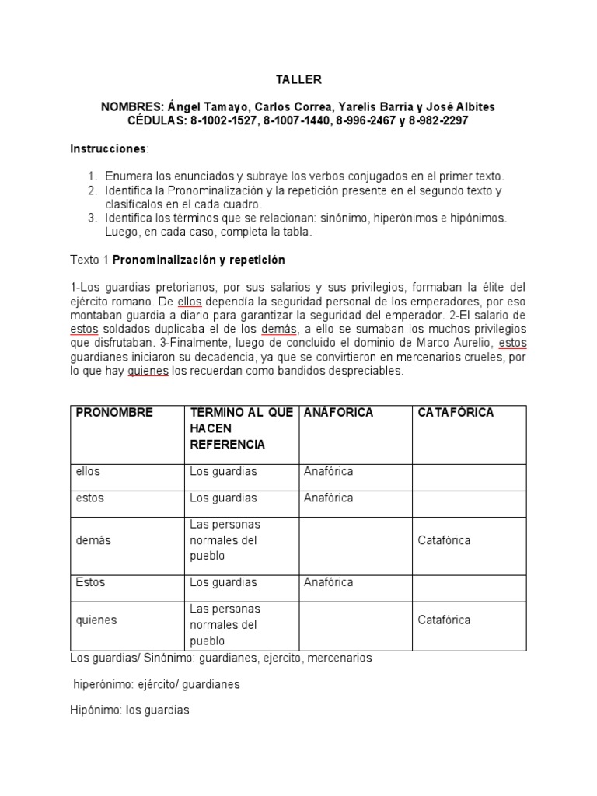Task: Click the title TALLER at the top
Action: [298, 79]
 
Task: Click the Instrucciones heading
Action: [108, 148]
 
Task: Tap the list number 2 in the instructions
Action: [92, 190]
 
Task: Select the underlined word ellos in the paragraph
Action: [189, 302]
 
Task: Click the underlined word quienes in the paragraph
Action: [147, 372]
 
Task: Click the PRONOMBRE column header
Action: [114, 413]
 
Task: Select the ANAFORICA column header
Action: [338, 413]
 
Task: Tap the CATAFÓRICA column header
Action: [456, 413]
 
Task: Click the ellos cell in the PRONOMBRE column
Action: [88, 472]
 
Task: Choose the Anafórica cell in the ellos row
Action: [328, 472]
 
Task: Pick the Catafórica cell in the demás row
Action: [444, 540]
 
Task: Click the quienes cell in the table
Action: [93, 620]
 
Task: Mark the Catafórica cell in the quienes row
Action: [444, 620]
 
